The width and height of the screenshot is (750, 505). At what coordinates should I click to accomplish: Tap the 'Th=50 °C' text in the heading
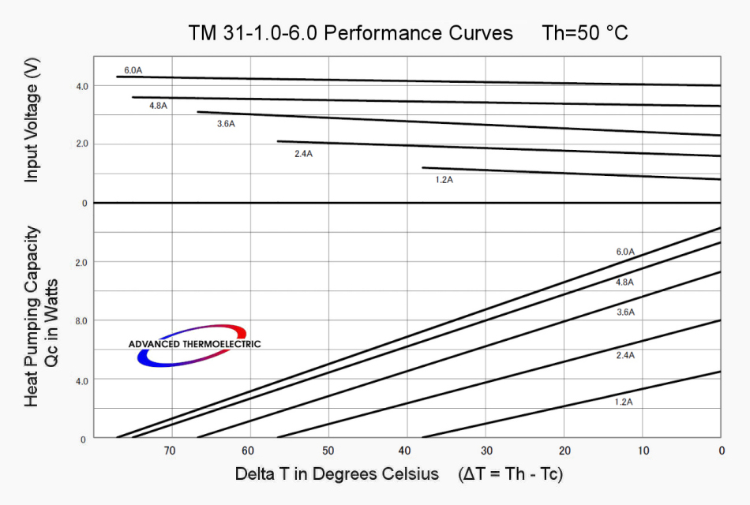(x=585, y=34)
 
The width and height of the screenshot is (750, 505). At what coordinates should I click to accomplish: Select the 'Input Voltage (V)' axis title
(x=32, y=123)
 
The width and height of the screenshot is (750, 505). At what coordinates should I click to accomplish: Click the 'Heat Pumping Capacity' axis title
(x=32, y=316)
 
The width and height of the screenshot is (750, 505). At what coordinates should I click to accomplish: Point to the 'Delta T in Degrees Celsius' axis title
(x=336, y=475)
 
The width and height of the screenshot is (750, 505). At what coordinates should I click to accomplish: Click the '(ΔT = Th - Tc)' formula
(x=510, y=475)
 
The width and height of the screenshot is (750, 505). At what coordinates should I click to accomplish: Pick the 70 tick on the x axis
(x=170, y=451)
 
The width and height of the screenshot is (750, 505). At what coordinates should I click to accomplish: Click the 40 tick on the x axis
(x=406, y=451)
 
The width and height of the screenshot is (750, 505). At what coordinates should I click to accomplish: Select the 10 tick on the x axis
(x=643, y=451)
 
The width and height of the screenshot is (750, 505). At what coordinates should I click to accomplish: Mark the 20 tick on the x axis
(x=564, y=451)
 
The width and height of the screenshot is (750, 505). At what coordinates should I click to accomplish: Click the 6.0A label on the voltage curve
(x=133, y=70)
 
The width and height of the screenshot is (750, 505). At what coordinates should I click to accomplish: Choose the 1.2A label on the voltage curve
(x=444, y=180)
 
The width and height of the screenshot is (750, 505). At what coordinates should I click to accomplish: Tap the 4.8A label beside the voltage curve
(x=158, y=105)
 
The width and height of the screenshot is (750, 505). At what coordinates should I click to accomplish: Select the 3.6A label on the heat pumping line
(x=625, y=312)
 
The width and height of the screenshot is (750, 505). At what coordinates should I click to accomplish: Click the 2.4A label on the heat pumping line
(x=625, y=355)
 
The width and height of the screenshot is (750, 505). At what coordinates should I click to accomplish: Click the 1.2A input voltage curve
(x=568, y=173)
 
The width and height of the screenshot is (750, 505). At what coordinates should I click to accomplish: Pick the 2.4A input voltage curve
(x=497, y=148)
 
